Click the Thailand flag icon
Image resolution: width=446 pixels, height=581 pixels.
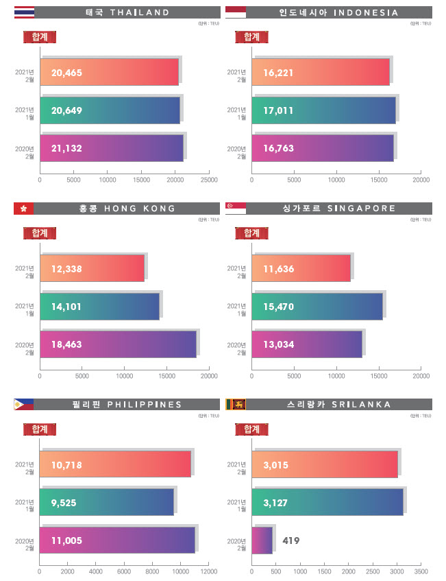[x=23, y=12]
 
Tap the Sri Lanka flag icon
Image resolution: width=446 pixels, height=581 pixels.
[x=236, y=405]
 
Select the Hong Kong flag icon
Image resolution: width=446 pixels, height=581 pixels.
[x=23, y=209]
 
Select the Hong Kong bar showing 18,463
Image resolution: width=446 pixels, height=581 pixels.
[x=118, y=344]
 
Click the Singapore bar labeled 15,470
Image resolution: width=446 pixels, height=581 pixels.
[x=317, y=307]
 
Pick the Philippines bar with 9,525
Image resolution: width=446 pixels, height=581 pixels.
[x=107, y=502]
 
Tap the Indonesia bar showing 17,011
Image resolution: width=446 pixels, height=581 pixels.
[x=323, y=110]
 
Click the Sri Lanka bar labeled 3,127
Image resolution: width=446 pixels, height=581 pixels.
[x=327, y=502]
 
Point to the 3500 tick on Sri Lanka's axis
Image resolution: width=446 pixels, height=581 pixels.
[x=421, y=571]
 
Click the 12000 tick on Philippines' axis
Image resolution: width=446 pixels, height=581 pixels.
[x=209, y=571]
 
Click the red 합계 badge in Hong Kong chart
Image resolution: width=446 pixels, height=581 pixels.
[x=39, y=233]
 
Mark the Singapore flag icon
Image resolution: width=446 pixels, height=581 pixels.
[x=236, y=209]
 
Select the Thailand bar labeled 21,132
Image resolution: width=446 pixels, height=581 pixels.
[x=112, y=148]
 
